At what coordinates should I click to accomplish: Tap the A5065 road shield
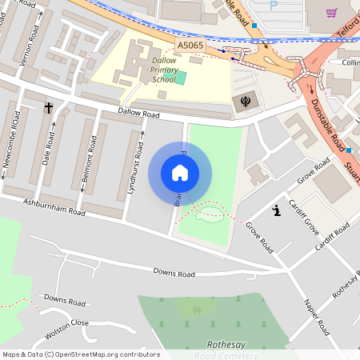(x=190, y=46)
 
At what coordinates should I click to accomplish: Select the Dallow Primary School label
(x=165, y=70)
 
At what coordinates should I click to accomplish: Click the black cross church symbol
(x=48, y=107)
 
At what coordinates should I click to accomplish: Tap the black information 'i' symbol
(x=276, y=211)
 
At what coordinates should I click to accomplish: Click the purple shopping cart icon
(x=332, y=13)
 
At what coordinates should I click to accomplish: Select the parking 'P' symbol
(x=274, y=6)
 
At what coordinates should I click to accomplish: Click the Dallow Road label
(x=139, y=113)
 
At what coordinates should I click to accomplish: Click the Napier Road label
(x=316, y=316)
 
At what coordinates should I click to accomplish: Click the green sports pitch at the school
(x=181, y=78)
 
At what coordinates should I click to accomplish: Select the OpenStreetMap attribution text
(x=81, y=354)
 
